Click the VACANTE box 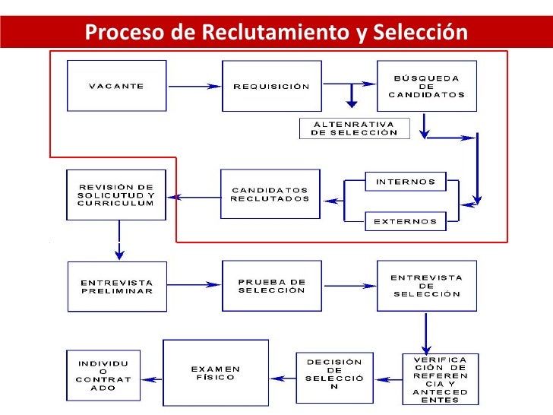[x=116, y=86]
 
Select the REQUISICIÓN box [x=271, y=86]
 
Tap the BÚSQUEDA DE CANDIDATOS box [x=426, y=86]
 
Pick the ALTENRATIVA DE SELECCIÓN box [x=354, y=128]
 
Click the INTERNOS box [x=406, y=182]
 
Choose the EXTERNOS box [x=406, y=221]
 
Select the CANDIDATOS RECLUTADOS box [x=270, y=195]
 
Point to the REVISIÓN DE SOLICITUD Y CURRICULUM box [x=116, y=195]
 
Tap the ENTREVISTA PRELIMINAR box [x=116, y=287]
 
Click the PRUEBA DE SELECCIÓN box [x=271, y=286]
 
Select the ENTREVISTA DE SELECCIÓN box [x=426, y=286]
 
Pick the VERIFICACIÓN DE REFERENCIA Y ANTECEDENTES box [x=441, y=379]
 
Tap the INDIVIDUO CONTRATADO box [x=103, y=375]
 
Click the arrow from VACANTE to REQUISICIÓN [x=192, y=86]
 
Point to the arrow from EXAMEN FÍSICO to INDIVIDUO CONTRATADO [x=152, y=378]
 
